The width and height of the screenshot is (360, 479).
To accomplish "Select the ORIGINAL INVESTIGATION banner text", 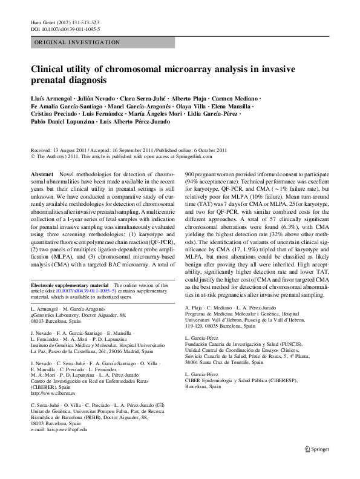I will point(77,42).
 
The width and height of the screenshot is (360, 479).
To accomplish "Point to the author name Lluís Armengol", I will point(50,98).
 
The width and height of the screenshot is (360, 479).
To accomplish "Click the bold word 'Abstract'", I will point(42,174).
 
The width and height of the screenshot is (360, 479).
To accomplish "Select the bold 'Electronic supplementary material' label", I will point(69,285).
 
